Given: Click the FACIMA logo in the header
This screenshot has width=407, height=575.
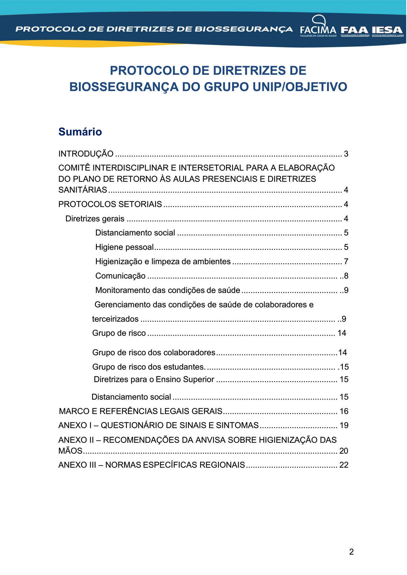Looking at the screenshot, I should [x=318, y=27].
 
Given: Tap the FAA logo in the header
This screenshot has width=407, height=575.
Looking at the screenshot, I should [x=355, y=30].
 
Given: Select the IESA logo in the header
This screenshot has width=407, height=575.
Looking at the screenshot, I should [x=387, y=30].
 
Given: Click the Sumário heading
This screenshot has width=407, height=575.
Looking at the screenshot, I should [x=80, y=132].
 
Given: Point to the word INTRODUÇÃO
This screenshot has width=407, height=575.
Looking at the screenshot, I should [x=86, y=154].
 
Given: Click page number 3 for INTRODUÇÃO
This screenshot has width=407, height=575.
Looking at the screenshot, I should [x=346, y=154].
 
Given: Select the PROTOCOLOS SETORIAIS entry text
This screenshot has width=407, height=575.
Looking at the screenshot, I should [x=110, y=204].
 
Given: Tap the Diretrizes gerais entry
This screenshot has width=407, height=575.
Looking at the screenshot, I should [x=95, y=218].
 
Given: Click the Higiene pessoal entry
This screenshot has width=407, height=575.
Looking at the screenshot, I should [x=124, y=247].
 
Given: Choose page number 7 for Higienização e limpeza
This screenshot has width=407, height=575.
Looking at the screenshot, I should [x=346, y=262].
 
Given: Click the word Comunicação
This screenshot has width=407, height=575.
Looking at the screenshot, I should [x=120, y=276].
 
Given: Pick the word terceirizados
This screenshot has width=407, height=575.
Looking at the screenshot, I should [x=115, y=319].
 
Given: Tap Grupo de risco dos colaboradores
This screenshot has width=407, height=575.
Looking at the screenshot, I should [x=153, y=352].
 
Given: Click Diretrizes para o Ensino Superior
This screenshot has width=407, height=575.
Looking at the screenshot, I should [x=154, y=379].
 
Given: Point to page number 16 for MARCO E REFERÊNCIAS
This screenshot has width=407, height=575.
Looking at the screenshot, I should [x=344, y=411].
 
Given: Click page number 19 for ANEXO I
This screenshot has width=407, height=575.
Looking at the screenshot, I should [x=344, y=425].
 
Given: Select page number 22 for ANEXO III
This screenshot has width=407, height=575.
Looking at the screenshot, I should [x=344, y=465].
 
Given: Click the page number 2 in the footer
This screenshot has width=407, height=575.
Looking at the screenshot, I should [x=351, y=552].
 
